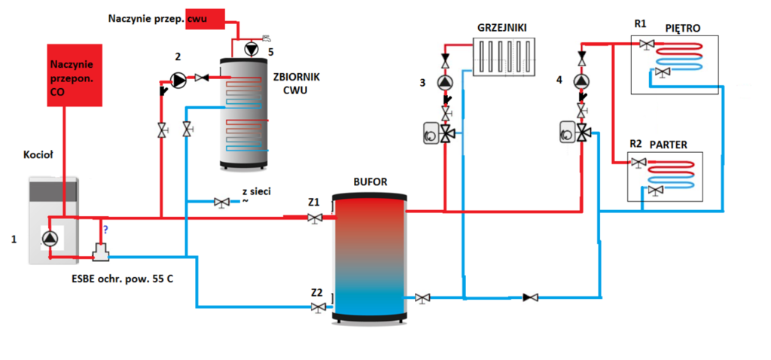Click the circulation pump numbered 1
(49, 239)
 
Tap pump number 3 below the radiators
(446, 83)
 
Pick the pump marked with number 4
(582, 81)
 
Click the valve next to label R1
(647, 45)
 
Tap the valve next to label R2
(639, 163)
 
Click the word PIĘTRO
(684, 28)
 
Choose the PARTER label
(669, 143)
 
